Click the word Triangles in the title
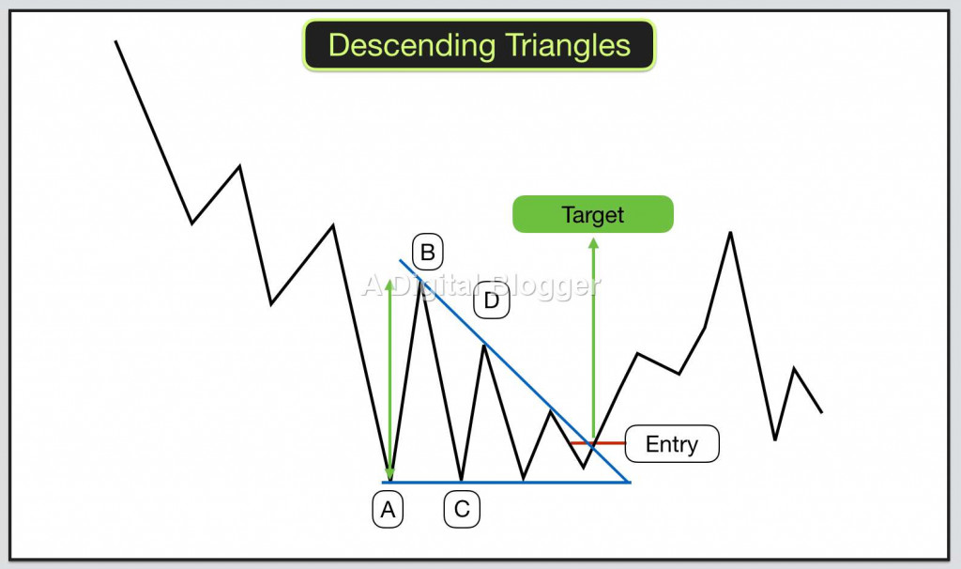click(x=563, y=45)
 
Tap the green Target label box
click(x=593, y=214)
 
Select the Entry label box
click(x=671, y=443)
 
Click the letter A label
click(x=388, y=510)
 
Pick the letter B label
click(x=427, y=252)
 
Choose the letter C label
click(x=462, y=510)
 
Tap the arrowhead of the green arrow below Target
click(x=593, y=243)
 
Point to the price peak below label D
click(x=484, y=346)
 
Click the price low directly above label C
click(x=462, y=480)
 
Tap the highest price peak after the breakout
click(x=730, y=232)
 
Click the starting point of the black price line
click(x=115, y=41)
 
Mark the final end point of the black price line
click(x=822, y=412)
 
